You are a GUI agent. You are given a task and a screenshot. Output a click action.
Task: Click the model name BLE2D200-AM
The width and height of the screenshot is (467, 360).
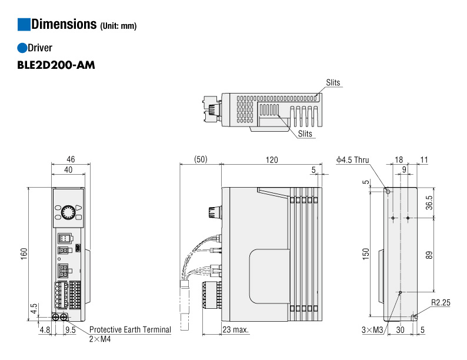tap(56, 64)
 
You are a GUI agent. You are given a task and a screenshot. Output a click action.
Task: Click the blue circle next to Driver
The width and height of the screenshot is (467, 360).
tap(23, 48)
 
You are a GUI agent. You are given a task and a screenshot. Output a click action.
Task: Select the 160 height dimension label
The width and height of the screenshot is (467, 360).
tap(24, 254)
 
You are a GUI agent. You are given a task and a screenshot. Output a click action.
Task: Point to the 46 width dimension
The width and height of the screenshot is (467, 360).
tap(71, 159)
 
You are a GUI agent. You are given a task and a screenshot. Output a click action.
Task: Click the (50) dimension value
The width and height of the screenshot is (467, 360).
tap(200, 159)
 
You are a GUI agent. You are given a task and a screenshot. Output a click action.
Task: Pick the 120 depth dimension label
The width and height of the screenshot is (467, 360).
tap(271, 159)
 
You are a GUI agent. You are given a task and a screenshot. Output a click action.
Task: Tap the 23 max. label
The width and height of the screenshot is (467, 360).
tap(235, 330)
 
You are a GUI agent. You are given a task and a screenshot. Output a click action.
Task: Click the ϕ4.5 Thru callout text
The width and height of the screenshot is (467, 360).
tap(353, 159)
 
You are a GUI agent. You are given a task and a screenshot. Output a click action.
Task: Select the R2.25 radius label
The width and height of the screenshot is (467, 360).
tap(440, 302)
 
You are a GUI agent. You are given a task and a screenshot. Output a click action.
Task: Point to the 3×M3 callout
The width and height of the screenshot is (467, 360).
tap(372, 330)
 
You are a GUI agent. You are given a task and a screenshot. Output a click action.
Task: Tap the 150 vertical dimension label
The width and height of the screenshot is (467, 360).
tap(365, 254)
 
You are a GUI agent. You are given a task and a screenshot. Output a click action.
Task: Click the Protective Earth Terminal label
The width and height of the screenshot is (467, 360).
tap(130, 329)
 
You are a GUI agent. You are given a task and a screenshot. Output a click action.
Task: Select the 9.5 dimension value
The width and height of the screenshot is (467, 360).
tap(69, 330)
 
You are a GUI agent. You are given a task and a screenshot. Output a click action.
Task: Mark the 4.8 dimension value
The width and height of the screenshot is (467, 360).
tap(44, 330)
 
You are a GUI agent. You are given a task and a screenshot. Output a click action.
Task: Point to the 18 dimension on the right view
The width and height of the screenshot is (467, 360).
tap(399, 159)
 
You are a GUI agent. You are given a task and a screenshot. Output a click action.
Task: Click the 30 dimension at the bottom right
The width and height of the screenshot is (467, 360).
tap(400, 330)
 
